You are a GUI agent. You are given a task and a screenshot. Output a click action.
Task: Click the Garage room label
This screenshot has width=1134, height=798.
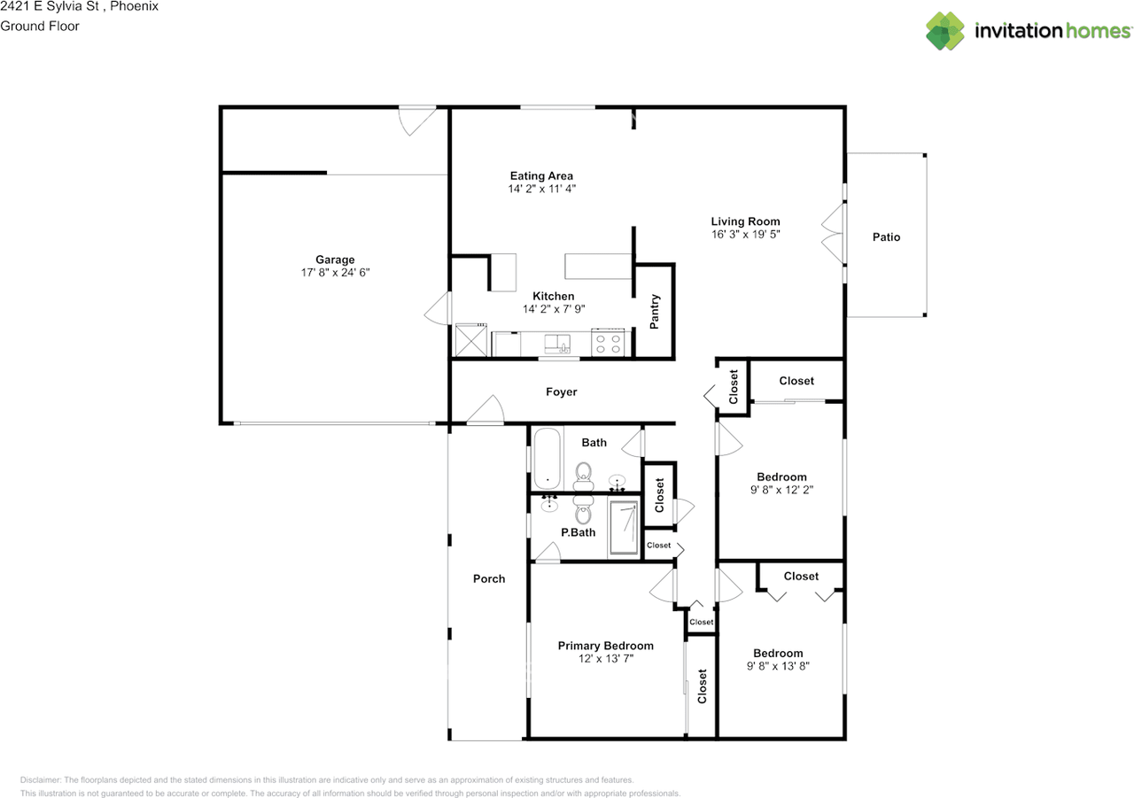335,260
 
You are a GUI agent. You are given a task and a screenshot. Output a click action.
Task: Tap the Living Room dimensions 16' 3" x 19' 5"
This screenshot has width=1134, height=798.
745,235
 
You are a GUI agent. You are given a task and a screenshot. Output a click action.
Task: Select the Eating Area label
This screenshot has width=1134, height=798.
541,175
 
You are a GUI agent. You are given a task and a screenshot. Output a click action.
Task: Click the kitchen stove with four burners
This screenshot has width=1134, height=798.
608,343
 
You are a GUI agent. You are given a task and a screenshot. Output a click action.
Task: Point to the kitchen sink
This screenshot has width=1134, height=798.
557,344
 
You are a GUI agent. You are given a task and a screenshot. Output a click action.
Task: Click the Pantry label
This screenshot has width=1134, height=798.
654,311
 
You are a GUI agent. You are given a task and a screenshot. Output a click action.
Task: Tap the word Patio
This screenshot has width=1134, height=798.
886,236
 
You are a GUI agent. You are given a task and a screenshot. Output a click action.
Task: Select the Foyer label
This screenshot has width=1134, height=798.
561,391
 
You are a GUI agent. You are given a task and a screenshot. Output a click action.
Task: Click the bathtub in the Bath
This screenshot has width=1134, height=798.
547,459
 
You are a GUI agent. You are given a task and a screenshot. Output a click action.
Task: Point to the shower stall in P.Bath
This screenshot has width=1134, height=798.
624,528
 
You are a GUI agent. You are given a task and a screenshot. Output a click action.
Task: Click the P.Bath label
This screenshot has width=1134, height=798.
578,532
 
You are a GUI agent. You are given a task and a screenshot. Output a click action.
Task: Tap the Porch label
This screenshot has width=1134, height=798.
488,578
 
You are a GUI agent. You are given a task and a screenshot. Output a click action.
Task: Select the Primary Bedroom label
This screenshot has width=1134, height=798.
605,646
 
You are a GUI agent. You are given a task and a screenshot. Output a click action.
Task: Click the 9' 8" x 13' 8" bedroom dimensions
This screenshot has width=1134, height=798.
778,666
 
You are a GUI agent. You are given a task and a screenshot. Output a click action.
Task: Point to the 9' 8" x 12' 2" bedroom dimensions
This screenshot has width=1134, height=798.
781,490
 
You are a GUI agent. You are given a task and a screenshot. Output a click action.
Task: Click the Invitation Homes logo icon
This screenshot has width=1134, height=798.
945,31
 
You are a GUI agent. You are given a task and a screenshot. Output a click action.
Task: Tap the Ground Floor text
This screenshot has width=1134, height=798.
40,27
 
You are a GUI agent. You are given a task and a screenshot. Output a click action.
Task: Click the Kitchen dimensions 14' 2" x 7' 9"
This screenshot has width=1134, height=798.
554,309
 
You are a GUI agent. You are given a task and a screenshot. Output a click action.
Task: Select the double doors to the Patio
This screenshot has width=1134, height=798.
834,233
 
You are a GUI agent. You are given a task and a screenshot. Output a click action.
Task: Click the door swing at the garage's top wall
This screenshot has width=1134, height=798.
417,120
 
